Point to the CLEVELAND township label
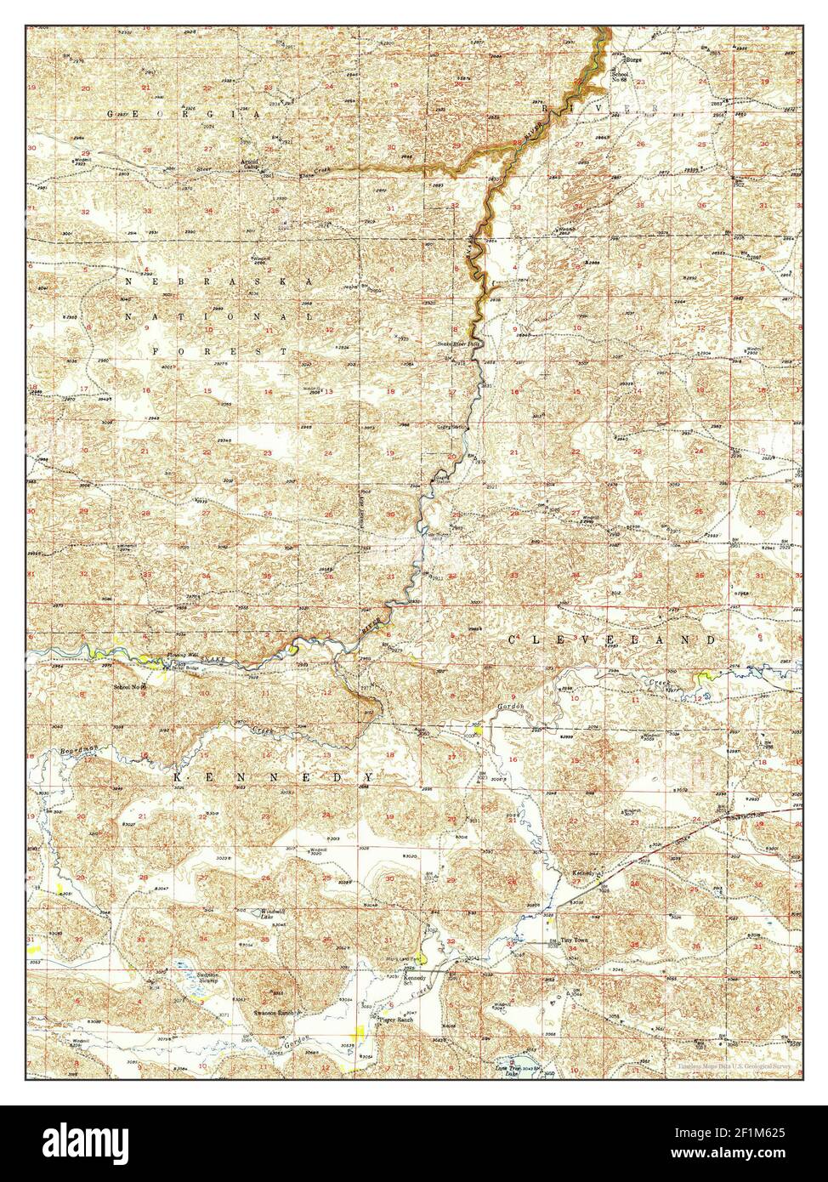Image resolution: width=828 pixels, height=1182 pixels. (611, 639)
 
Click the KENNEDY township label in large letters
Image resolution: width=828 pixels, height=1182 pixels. (274, 777)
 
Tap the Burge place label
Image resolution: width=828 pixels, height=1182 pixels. (634, 61)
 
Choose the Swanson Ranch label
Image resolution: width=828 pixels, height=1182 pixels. (274, 1014)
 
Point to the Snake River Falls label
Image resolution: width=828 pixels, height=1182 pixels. (459, 344)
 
